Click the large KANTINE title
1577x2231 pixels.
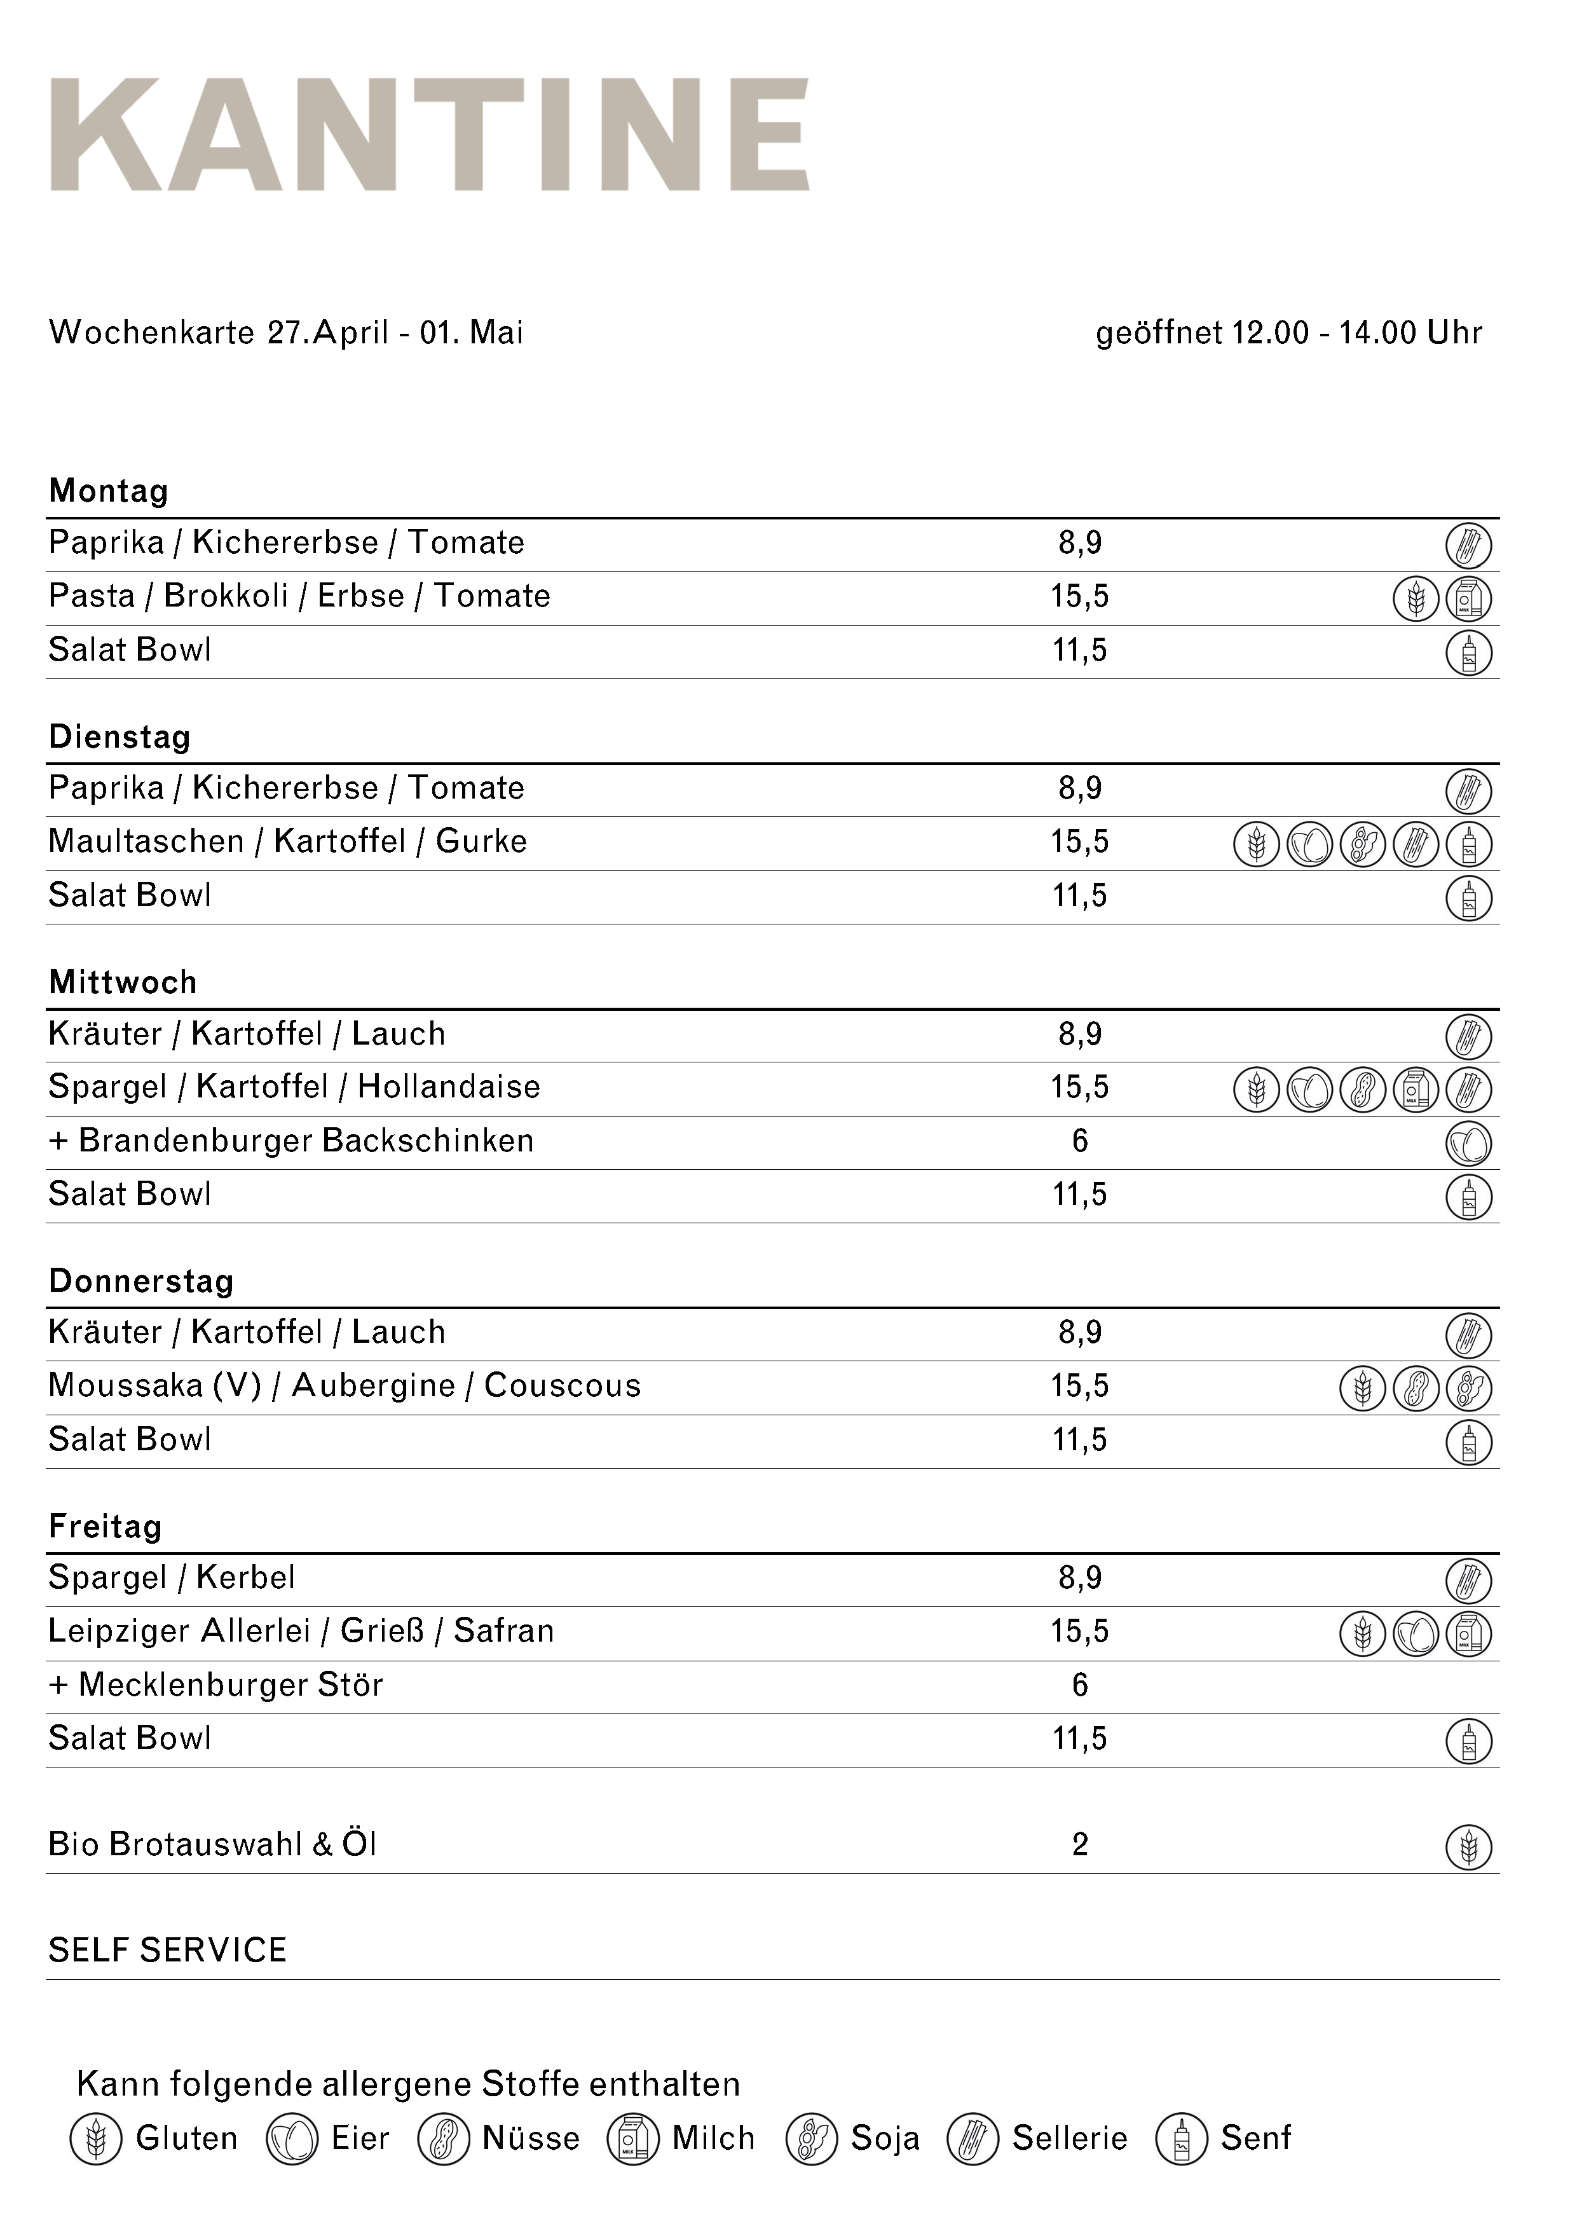[x=430, y=135]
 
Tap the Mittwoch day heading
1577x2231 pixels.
[x=123, y=982]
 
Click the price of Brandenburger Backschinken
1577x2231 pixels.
[x=1079, y=1141]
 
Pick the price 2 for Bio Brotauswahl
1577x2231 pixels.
[x=1079, y=1844]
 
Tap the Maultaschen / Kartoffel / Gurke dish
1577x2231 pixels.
[x=287, y=842]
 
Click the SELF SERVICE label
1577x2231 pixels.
[x=167, y=1950]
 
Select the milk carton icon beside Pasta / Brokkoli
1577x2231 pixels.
[x=1468, y=598]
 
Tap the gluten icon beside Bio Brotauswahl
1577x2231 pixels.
[x=1468, y=1846]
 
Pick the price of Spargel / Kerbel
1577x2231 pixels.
[x=1079, y=1577]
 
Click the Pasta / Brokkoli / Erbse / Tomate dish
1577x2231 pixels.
[x=299, y=596]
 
